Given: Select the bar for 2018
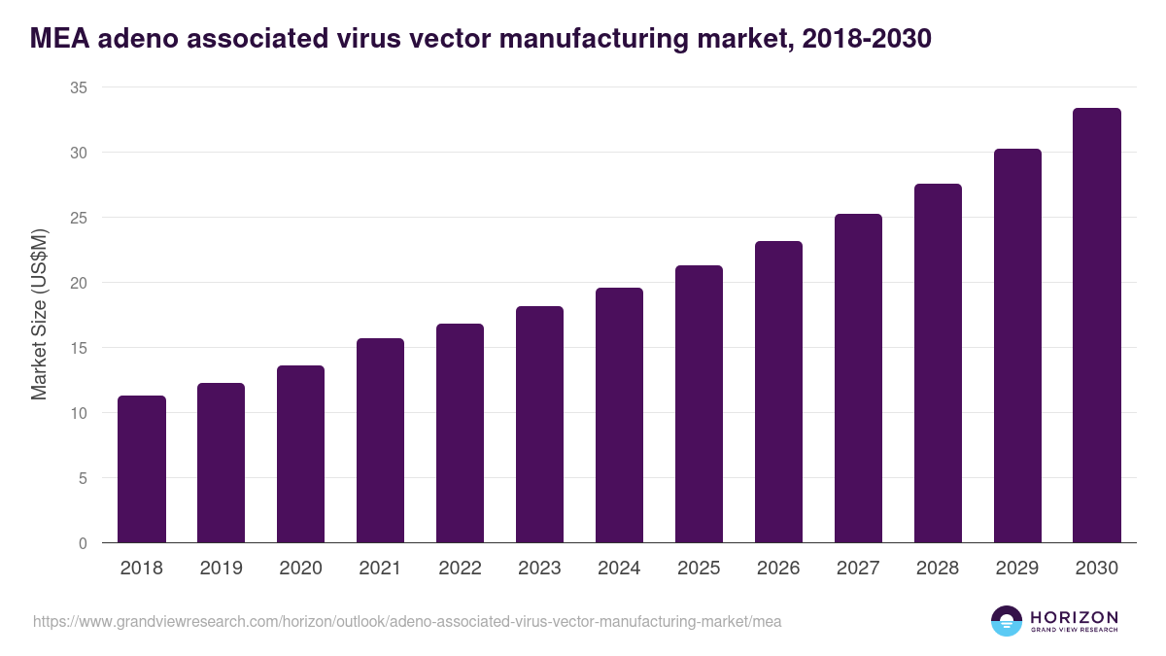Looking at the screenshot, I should tap(142, 469).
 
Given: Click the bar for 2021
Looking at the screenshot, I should tap(380, 440).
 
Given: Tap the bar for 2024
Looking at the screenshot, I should tap(619, 415).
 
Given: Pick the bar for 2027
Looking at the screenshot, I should tap(858, 378).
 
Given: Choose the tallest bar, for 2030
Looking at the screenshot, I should tap(1097, 326).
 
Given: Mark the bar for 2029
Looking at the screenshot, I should tap(1017, 346).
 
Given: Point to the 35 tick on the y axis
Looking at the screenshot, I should tap(79, 87).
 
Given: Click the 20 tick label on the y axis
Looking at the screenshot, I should tap(79, 283).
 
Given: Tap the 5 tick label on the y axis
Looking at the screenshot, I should tap(83, 478).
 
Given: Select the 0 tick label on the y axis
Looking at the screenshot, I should tap(83, 543).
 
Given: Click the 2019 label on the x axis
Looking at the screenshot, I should tap(222, 569).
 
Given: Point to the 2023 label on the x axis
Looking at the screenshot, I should tap(539, 569).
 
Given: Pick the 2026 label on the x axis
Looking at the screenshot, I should tap(778, 569).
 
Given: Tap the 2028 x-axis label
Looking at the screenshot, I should tap(938, 569).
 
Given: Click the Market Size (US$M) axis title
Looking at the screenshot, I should tap(39, 315).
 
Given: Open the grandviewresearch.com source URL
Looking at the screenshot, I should tap(407, 621).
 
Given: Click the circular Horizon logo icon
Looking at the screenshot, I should tap(1007, 621).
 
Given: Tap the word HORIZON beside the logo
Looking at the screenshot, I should tap(1074, 616).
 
